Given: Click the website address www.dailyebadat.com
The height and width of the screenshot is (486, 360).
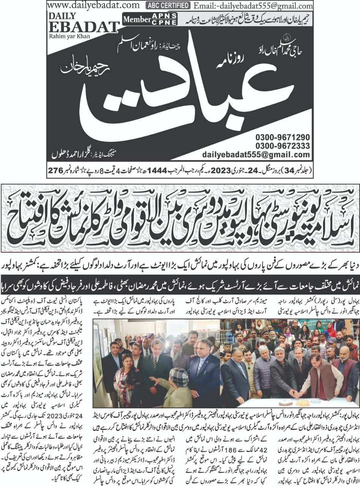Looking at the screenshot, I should tap(94, 5).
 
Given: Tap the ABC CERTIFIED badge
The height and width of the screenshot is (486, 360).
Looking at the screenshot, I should tap(167, 5).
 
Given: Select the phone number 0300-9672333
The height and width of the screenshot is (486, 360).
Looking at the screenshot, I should tap(283, 146).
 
